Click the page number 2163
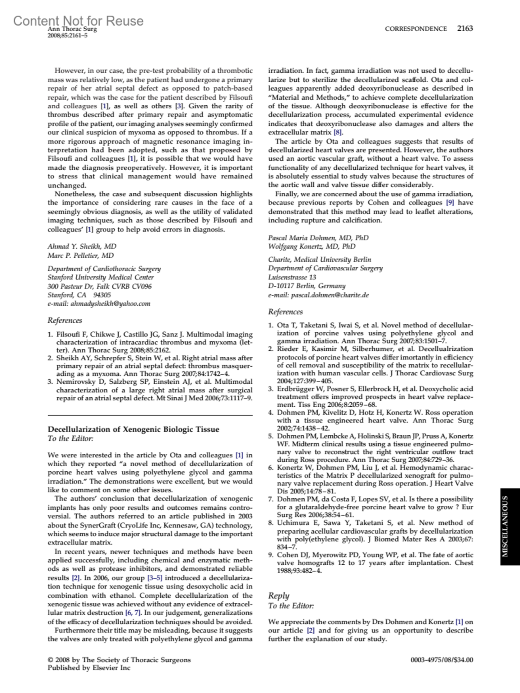[465, 29]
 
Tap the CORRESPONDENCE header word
[416, 29]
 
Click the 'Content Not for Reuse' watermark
[78, 20]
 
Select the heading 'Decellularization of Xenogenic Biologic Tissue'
[133, 429]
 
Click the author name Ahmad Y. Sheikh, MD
[82, 246]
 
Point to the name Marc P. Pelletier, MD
[81, 256]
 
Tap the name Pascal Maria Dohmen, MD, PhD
[318, 238]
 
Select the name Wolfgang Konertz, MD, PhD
[312, 246]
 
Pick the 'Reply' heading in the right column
[279, 596]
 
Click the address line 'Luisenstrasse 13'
[292, 277]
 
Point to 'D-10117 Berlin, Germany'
[307, 286]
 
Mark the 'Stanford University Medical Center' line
[101, 277]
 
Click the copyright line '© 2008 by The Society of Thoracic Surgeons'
[119, 660]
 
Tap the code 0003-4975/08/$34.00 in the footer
[442, 660]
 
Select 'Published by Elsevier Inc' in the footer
[89, 668]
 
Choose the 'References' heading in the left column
[65, 321]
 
